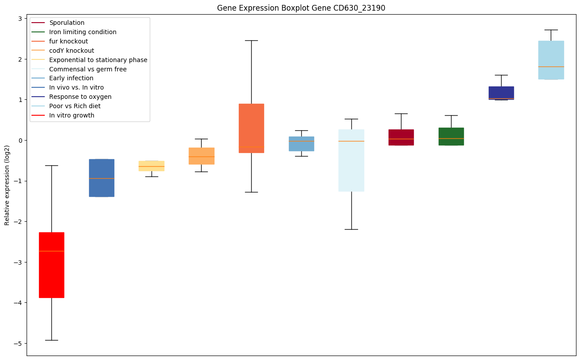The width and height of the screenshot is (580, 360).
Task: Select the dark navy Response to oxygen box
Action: coord(501,93)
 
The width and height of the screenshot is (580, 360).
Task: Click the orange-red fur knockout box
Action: coord(251,128)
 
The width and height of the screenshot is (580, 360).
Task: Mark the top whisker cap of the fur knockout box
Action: coord(251,40)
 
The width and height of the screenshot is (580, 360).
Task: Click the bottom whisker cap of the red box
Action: coord(51,340)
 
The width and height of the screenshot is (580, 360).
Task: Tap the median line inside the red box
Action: coord(51,251)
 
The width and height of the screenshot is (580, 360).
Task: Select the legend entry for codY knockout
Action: coord(71,51)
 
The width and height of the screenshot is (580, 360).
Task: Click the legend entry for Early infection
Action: coord(71,78)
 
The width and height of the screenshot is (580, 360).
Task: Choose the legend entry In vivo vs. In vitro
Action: coord(76,88)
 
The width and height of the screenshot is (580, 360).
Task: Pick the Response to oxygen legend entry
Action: coord(80,97)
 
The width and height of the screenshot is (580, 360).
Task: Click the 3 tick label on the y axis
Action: coord(20,19)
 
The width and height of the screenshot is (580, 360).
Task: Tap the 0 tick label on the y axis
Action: coord(20,141)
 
